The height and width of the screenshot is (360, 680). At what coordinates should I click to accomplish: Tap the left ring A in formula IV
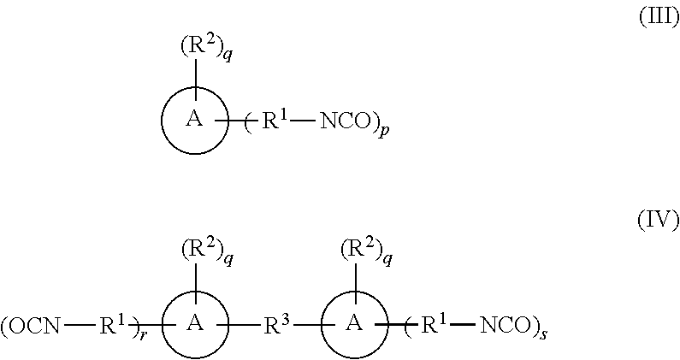coord(196,324)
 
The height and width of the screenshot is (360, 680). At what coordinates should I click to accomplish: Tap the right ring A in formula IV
coord(352,324)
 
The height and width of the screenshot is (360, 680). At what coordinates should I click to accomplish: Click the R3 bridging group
coord(275,323)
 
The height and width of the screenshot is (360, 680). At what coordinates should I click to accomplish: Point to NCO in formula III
coord(347,122)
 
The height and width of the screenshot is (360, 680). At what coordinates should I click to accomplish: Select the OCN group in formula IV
coord(33,325)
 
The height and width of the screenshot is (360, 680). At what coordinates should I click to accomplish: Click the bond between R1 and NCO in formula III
coord(302,123)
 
